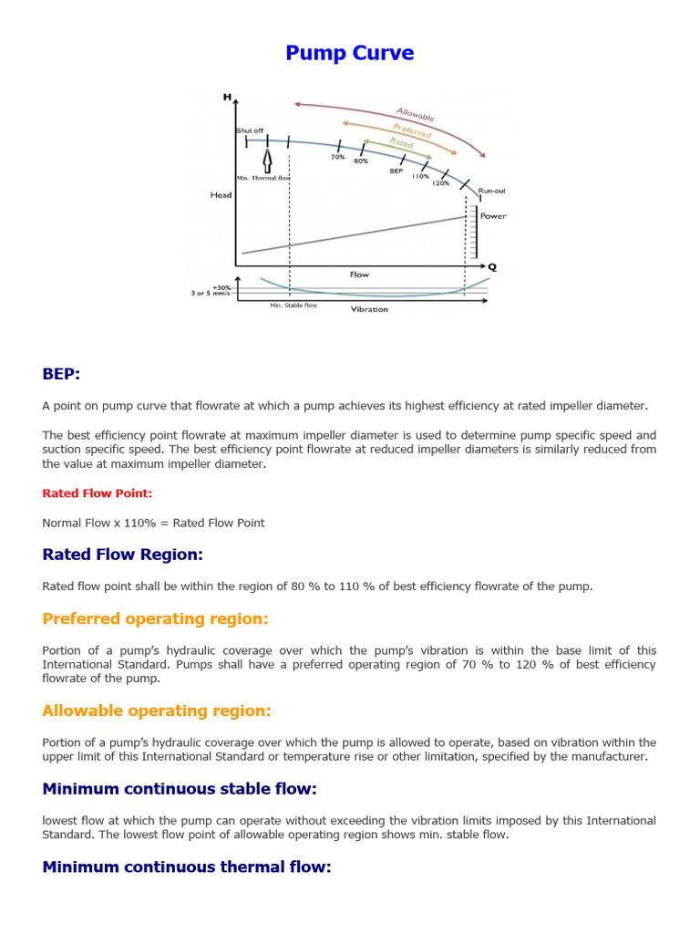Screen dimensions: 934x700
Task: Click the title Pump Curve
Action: pyautogui.click(x=350, y=53)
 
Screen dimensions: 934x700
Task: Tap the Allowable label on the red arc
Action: pyautogui.click(x=415, y=112)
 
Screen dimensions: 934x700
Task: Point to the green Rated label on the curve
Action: pyautogui.click(x=401, y=143)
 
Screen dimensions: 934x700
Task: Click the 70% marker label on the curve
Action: pyautogui.click(x=337, y=157)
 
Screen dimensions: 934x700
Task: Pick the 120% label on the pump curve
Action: pyautogui.click(x=440, y=182)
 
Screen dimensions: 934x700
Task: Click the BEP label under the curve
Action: pyautogui.click(x=396, y=171)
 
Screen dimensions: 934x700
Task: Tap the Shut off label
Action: pyautogui.click(x=250, y=130)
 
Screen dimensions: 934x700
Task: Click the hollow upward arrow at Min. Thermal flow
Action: pyautogui.click(x=267, y=161)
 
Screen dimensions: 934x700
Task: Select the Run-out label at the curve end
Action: pyautogui.click(x=491, y=191)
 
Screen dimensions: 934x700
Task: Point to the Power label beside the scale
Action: pyautogui.click(x=493, y=216)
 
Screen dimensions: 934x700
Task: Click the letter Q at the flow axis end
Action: pyautogui.click(x=492, y=266)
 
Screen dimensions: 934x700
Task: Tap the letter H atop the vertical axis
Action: pyautogui.click(x=227, y=97)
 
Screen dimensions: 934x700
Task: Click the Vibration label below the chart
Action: pyautogui.click(x=369, y=309)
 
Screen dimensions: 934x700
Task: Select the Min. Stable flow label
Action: pyautogui.click(x=293, y=306)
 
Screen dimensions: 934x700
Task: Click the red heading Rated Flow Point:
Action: pyautogui.click(x=98, y=493)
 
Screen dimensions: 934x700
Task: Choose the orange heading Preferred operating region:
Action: pyautogui.click(x=155, y=618)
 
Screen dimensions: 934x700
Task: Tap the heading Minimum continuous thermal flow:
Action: pyautogui.click(x=186, y=867)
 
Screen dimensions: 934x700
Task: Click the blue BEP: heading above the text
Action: pyautogui.click(x=61, y=374)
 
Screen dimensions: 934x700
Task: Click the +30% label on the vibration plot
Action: pyautogui.click(x=221, y=286)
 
